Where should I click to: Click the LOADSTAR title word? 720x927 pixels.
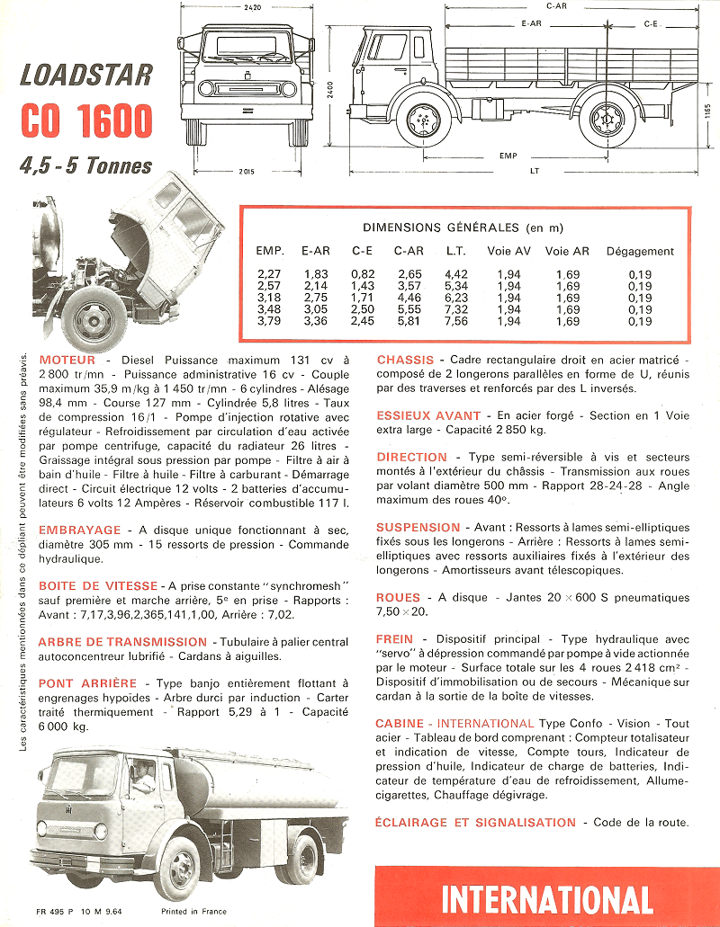85,74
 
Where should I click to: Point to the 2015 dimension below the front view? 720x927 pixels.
247,171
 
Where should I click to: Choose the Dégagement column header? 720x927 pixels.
640,251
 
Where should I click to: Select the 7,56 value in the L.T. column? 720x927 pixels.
456,321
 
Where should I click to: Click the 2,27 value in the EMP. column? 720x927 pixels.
269,273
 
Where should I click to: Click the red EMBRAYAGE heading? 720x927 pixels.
79,530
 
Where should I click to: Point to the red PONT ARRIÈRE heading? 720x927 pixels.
87,683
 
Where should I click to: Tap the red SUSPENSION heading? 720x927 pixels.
418,527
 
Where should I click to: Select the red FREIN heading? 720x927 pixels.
394,639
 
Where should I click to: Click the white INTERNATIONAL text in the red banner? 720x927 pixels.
547,899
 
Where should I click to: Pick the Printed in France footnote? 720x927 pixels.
193,912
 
